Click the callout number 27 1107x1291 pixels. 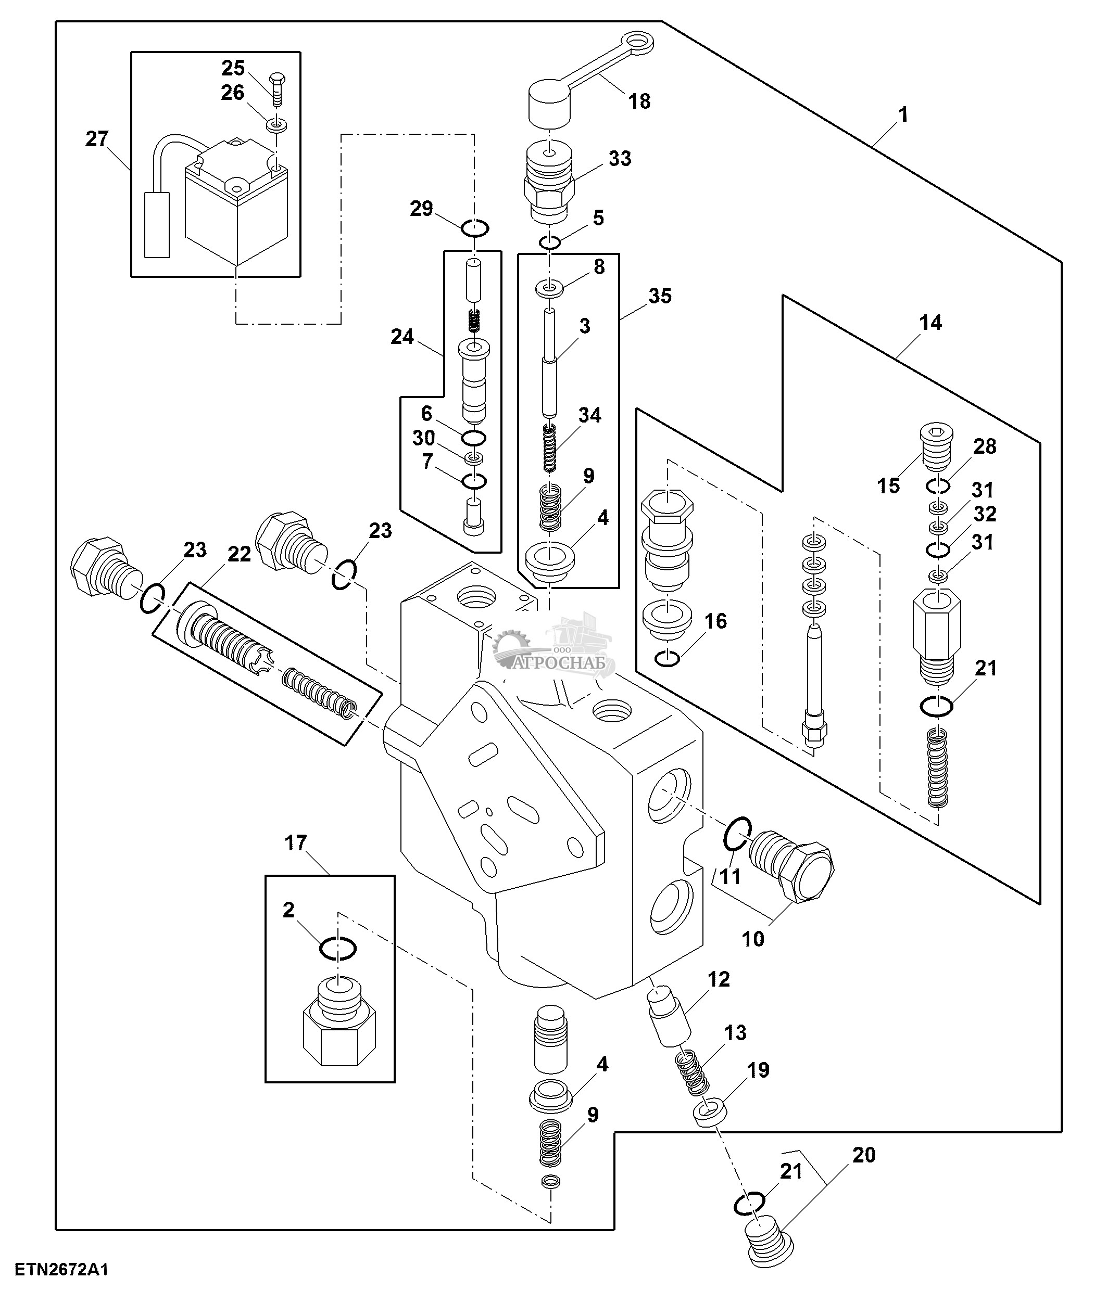(x=97, y=139)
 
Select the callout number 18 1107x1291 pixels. (x=639, y=101)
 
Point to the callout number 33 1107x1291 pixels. (x=620, y=159)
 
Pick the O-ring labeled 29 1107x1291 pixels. (x=475, y=228)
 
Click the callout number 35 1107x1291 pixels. (x=660, y=296)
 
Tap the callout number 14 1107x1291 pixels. (x=930, y=323)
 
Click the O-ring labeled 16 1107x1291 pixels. (x=668, y=658)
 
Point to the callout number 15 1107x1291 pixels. (x=889, y=485)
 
